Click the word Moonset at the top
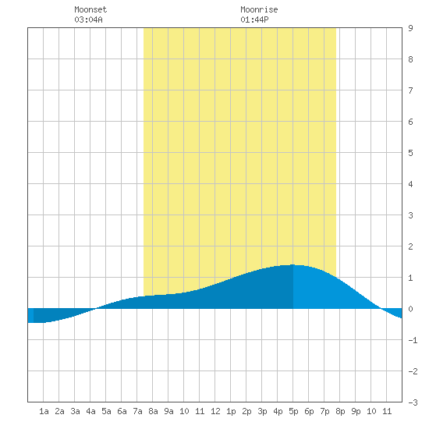click(90, 9)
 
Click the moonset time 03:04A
click(88, 19)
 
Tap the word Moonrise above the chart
click(259, 9)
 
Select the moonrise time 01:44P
click(254, 19)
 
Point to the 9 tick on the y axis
click(410, 28)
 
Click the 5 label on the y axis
click(410, 153)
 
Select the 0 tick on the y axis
click(410, 309)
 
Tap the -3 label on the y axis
click(413, 402)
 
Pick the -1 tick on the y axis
click(413, 340)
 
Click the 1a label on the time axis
click(44, 411)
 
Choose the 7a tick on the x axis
click(137, 411)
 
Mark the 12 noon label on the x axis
click(215, 411)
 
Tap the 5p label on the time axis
click(293, 411)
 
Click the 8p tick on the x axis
click(340, 411)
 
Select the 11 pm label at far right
click(387, 411)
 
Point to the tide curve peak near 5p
click(292, 264)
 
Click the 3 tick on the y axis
click(410, 215)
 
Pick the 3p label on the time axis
click(262, 411)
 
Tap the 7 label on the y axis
click(410, 90)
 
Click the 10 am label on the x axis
click(184, 411)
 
